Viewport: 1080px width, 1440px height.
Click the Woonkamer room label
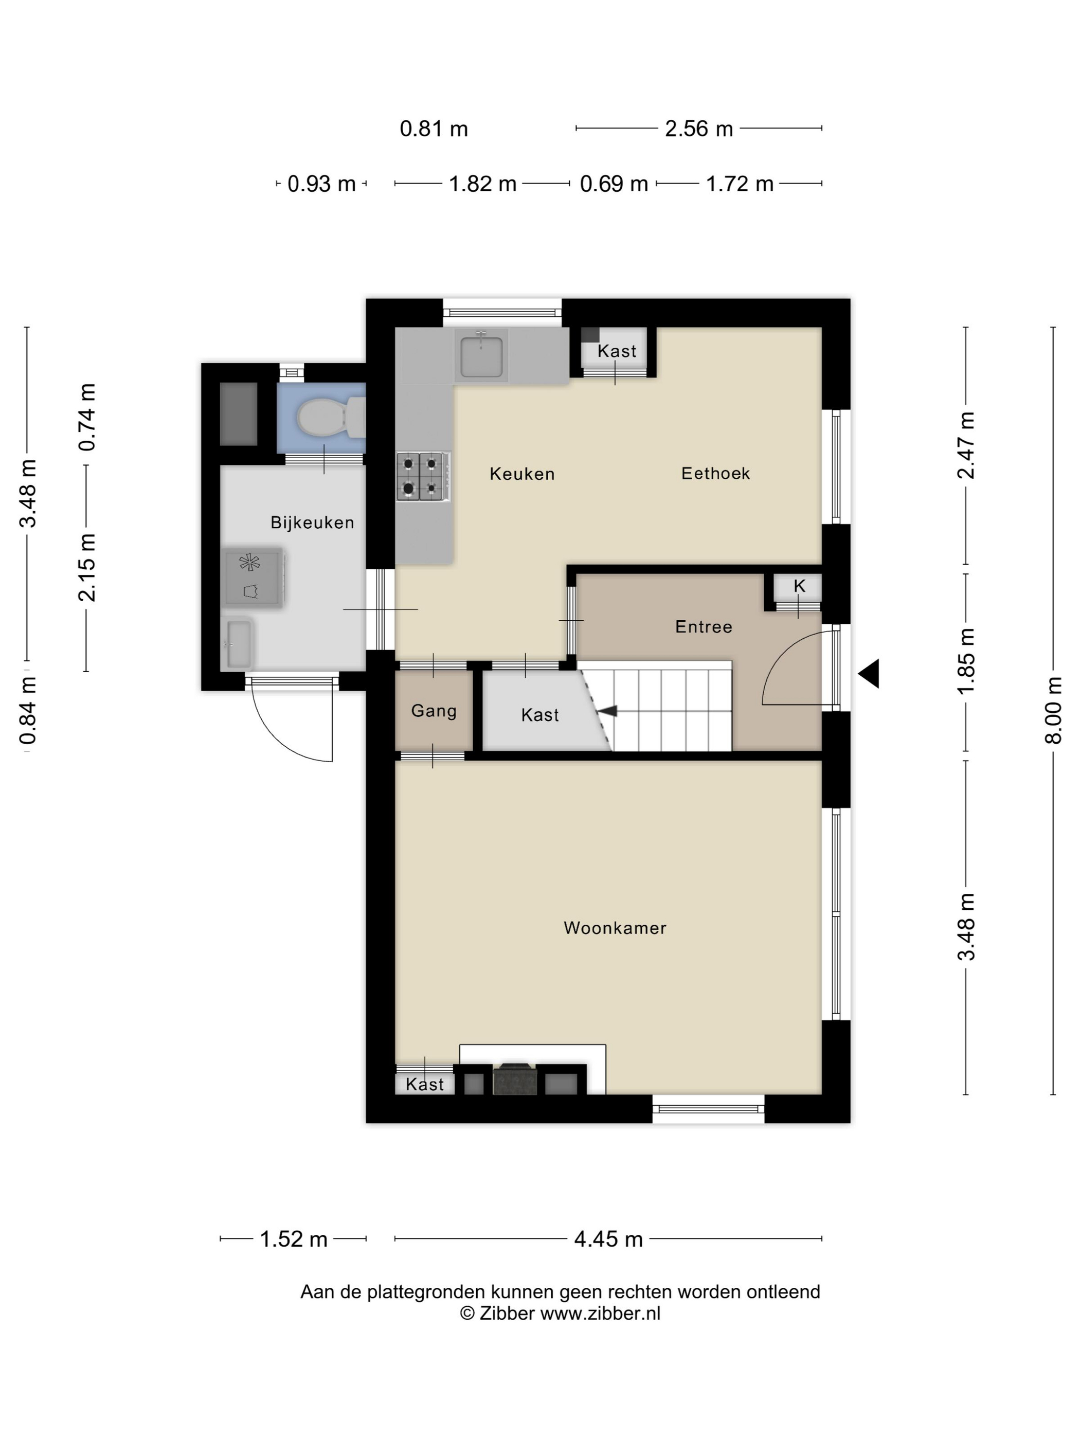pyautogui.click(x=615, y=928)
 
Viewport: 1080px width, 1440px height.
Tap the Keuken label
pyautogui.click(x=522, y=474)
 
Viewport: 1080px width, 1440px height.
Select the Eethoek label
pyautogui.click(x=715, y=473)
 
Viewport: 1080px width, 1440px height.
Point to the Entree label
pyautogui.click(x=704, y=627)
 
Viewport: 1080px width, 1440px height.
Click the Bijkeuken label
pyautogui.click(x=313, y=523)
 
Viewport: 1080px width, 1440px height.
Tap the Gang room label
pyautogui.click(x=434, y=711)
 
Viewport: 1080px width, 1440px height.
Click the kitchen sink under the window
pyautogui.click(x=481, y=356)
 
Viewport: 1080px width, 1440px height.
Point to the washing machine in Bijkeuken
pyautogui.click(x=253, y=578)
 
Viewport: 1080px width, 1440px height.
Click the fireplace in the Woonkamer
pyautogui.click(x=515, y=1078)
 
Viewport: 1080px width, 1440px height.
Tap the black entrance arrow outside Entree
pyautogui.click(x=869, y=673)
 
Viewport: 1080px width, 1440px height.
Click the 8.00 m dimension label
pyautogui.click(x=1053, y=710)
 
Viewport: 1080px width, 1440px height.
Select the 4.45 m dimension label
pyautogui.click(x=608, y=1239)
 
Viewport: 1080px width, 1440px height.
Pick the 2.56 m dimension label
pyautogui.click(x=698, y=129)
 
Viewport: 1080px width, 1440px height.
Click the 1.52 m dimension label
pyautogui.click(x=294, y=1239)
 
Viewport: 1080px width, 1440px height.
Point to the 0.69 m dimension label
pyautogui.click(x=614, y=184)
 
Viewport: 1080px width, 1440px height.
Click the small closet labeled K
pyautogui.click(x=798, y=588)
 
